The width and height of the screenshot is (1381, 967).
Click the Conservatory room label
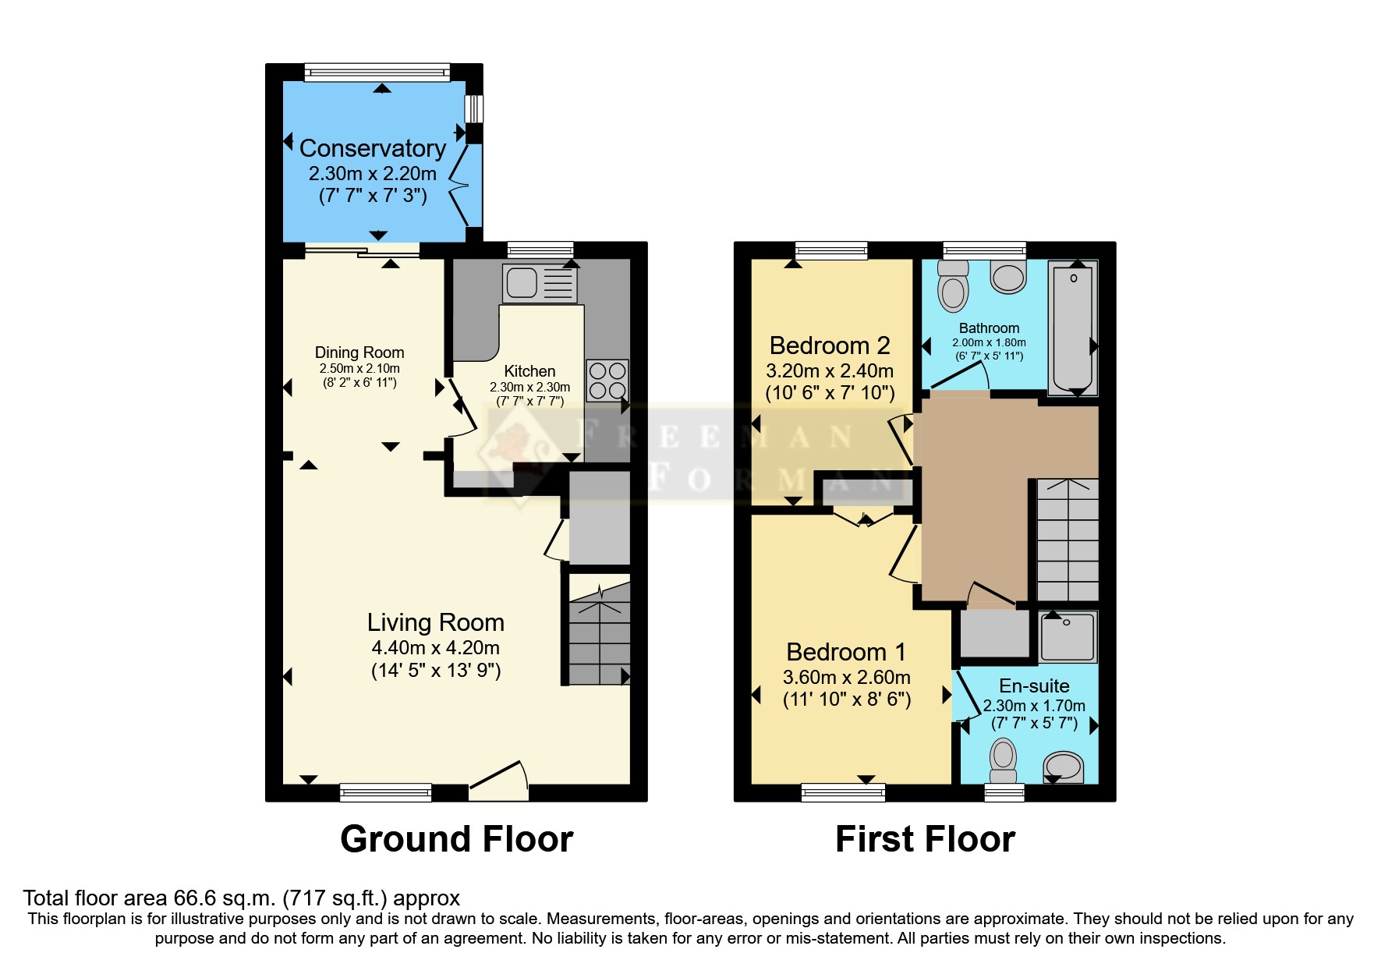tap(372, 148)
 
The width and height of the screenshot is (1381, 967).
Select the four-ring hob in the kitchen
tap(607, 381)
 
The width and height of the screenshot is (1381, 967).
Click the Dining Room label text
tap(359, 352)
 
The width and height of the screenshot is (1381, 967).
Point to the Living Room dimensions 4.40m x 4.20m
tap(435, 647)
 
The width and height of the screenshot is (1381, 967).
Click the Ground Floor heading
tap(456, 839)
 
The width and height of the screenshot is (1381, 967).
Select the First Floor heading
tap(925, 839)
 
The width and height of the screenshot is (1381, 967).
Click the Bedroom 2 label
tap(830, 345)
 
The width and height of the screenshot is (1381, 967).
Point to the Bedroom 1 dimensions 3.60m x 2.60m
tap(846, 677)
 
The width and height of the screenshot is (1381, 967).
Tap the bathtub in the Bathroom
tap(1073, 328)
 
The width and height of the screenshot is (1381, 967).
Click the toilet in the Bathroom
tap(952, 287)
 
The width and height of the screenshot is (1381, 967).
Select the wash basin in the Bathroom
tap(1007, 277)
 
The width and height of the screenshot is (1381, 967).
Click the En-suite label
tap(1034, 685)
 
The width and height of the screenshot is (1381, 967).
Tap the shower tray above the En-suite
tap(1068, 636)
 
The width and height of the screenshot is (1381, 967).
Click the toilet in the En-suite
tap(1004, 760)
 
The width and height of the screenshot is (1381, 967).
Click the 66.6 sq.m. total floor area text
tap(241, 898)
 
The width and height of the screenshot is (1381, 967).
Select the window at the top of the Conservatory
tap(377, 73)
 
